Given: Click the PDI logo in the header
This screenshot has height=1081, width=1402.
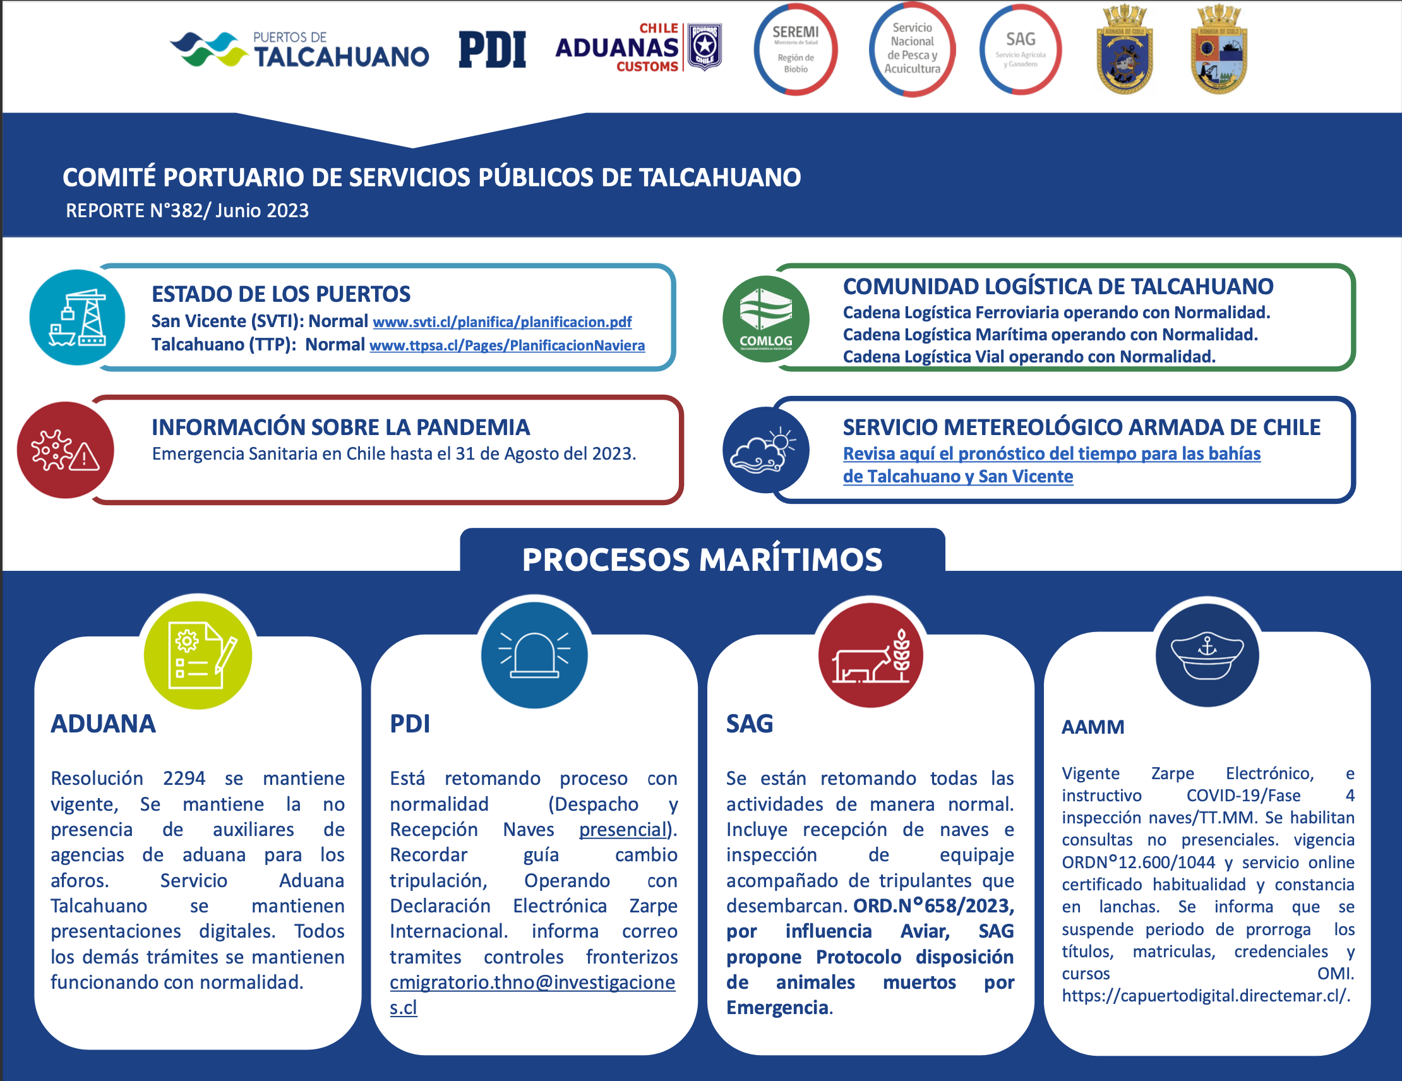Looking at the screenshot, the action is coord(493,49).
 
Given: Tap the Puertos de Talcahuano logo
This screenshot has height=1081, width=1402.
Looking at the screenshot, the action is coord(299,49).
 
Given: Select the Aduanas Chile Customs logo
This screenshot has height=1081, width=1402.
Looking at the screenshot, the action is coord(638,47).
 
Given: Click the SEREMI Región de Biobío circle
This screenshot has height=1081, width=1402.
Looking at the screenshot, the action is coord(795,49).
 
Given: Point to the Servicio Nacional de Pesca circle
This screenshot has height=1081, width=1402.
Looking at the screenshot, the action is coord(912,49).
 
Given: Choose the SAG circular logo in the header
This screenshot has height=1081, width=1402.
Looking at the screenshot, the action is coord(1021,49).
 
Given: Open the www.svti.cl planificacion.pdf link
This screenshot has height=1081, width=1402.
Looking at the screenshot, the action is coord(502,321).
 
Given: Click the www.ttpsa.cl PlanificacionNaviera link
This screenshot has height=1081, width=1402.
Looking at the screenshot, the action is coord(507,345).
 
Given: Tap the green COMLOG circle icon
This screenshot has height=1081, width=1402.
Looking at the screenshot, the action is coord(766,319).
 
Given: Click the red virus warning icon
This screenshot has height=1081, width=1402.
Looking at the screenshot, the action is coord(66,450).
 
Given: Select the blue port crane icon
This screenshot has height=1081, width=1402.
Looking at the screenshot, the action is coord(77,317).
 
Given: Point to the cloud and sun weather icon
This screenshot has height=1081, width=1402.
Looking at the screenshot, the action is coord(766,450).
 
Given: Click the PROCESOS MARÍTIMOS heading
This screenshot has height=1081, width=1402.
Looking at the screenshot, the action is coord(702,559).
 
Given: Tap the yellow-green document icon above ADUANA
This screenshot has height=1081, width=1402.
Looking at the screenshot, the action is coord(198,655).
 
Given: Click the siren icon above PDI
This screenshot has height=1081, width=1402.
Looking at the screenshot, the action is coord(534,655).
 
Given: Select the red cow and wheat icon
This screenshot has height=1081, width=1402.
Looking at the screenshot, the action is coord(870,655).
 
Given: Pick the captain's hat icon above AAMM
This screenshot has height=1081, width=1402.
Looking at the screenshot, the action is coord(1207,655).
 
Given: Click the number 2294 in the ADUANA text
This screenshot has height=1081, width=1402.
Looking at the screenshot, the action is coord(184,778).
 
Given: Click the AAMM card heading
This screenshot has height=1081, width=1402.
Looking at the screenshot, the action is coord(1093,727).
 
